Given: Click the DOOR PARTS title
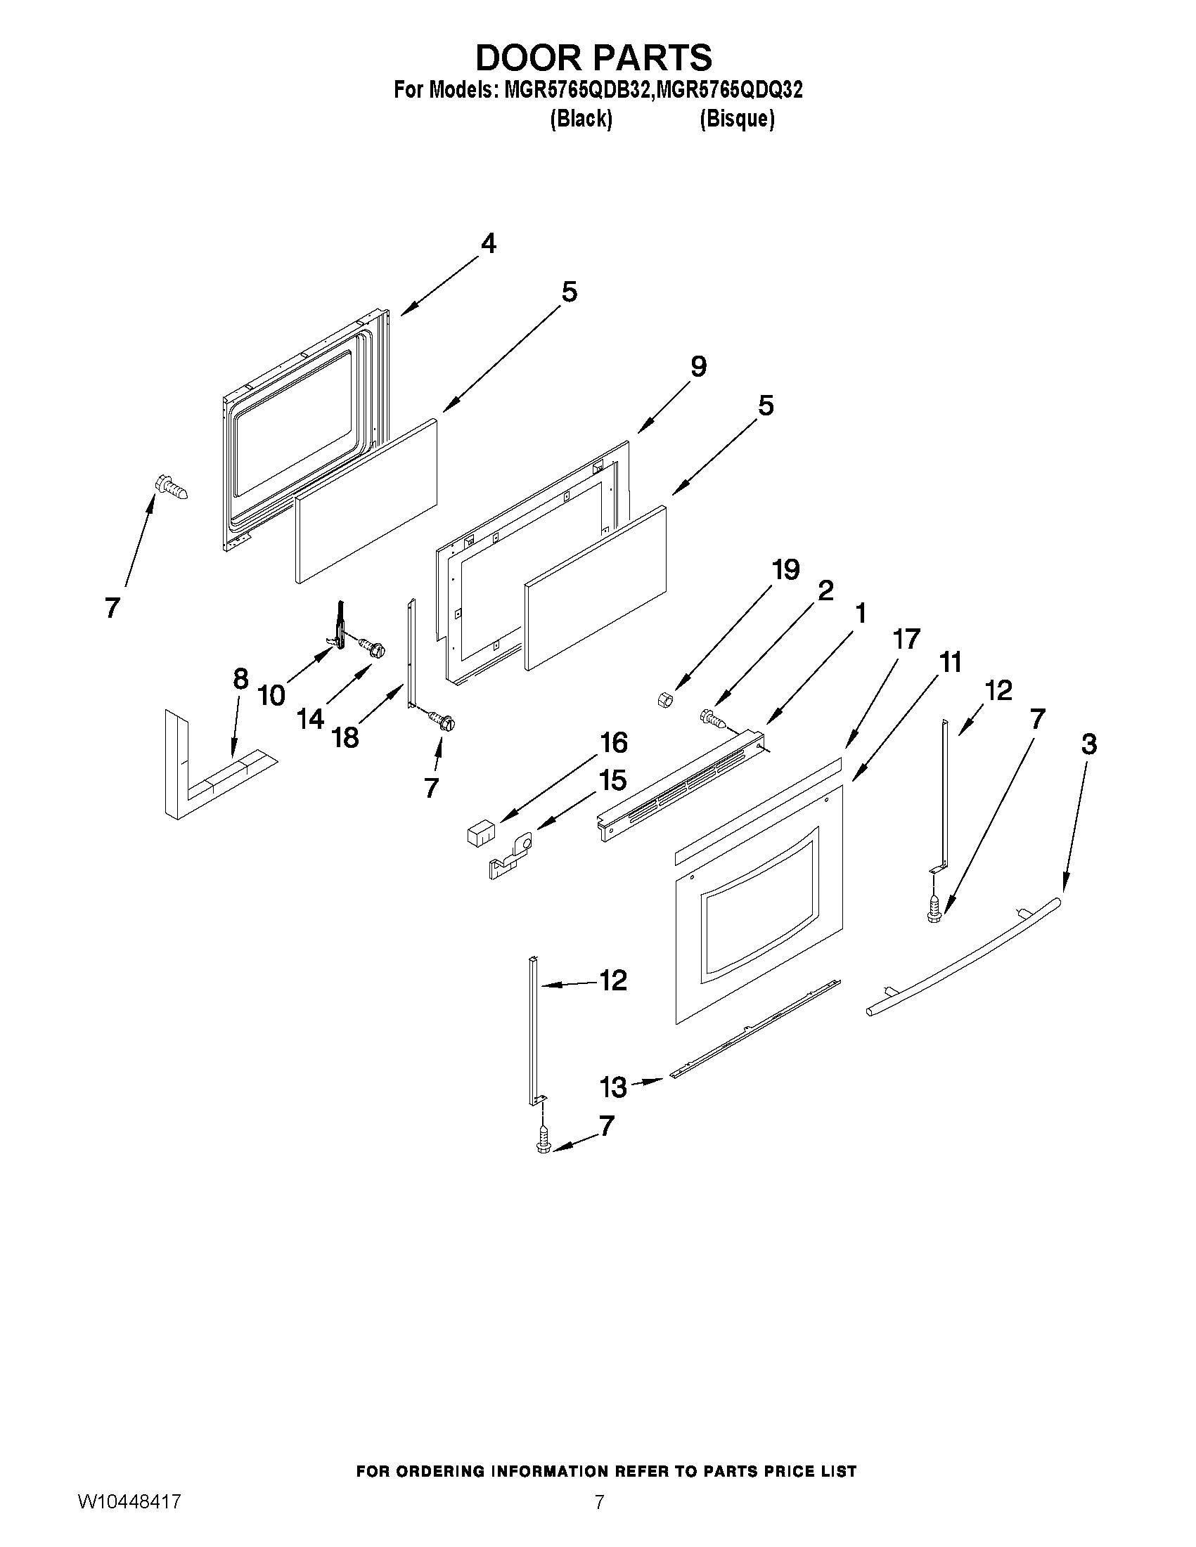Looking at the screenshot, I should tap(593, 58).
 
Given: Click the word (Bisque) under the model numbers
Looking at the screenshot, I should tap(736, 119).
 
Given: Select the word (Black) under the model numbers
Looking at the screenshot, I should tap(581, 119).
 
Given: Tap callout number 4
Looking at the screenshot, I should tap(488, 244).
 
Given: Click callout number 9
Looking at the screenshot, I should tap(698, 367).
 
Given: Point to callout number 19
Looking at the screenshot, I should tap(785, 569).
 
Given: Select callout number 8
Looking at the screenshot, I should tap(241, 679).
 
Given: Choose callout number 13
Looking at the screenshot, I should tap(613, 1087).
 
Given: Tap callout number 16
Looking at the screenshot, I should tap(614, 742).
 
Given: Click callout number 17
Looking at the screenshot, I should tap(907, 639).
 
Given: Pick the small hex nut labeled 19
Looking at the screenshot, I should tap(664, 700).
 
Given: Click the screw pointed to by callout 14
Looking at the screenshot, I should tap(373, 647).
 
